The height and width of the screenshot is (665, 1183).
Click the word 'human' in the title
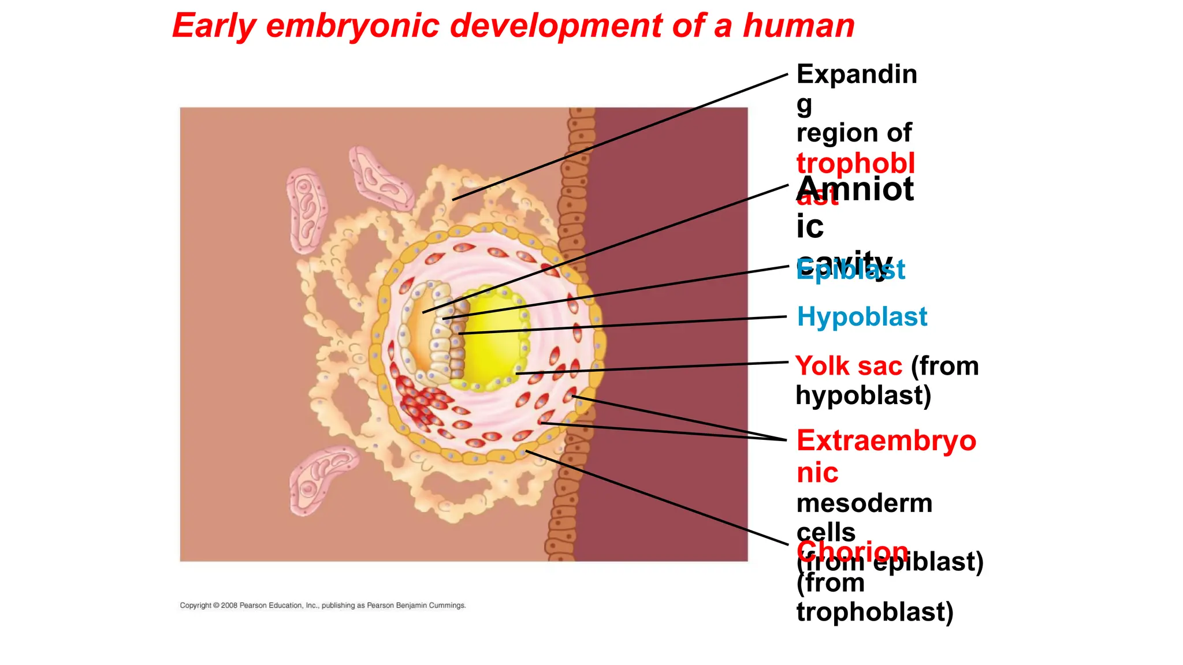(x=798, y=26)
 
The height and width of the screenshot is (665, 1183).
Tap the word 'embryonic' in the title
(x=352, y=26)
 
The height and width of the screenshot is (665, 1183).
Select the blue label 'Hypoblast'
(x=861, y=317)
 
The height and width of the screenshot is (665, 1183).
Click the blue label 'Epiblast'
(x=850, y=270)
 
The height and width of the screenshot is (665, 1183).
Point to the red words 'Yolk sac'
(x=848, y=366)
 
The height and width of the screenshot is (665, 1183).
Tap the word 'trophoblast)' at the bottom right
(x=874, y=612)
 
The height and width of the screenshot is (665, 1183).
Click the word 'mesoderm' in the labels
(x=864, y=503)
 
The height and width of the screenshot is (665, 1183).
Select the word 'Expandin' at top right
(x=856, y=74)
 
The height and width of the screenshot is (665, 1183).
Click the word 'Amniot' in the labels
(x=855, y=189)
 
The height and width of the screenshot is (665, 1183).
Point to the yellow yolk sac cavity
(x=494, y=338)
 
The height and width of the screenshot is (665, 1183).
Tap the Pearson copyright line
(x=322, y=606)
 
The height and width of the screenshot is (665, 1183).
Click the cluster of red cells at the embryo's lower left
(x=419, y=404)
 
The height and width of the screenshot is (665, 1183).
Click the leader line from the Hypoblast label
(x=624, y=325)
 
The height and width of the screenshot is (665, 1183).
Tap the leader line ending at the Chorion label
(x=659, y=498)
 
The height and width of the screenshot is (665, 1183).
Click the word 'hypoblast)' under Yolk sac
(x=863, y=396)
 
